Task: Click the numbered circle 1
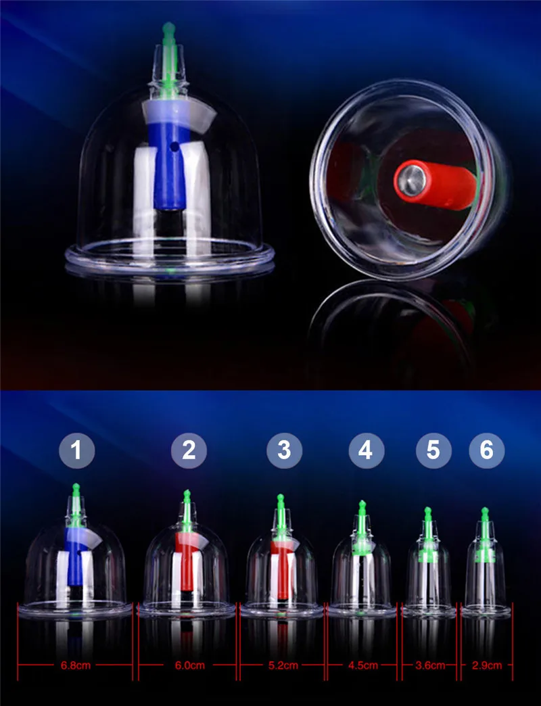pyautogui.click(x=77, y=450)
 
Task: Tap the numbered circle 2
pyautogui.click(x=189, y=450)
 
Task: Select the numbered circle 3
pyautogui.click(x=284, y=450)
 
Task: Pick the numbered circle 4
pyautogui.click(x=367, y=450)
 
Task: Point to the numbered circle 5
pyautogui.click(x=433, y=450)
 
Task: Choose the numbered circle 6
pyautogui.click(x=486, y=450)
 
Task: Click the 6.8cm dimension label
pyautogui.click(x=76, y=665)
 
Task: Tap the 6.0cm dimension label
pyautogui.click(x=189, y=665)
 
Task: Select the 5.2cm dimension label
pyautogui.click(x=283, y=665)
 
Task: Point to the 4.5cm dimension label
pyautogui.click(x=362, y=665)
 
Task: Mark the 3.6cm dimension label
pyautogui.click(x=430, y=665)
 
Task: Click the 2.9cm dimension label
pyautogui.click(x=486, y=665)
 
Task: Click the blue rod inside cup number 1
pyautogui.click(x=74, y=559)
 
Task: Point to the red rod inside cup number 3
pyautogui.click(x=282, y=569)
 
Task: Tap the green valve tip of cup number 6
pyautogui.click(x=485, y=511)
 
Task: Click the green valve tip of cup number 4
pyautogui.click(x=362, y=504)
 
